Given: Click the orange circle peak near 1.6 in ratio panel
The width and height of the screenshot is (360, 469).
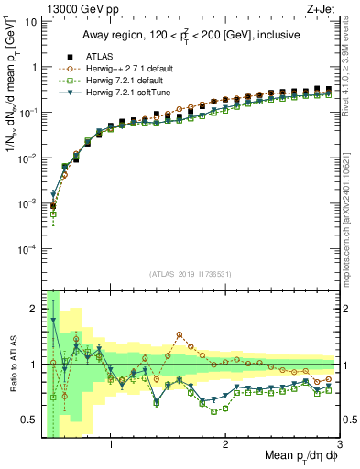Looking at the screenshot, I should (180, 334).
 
